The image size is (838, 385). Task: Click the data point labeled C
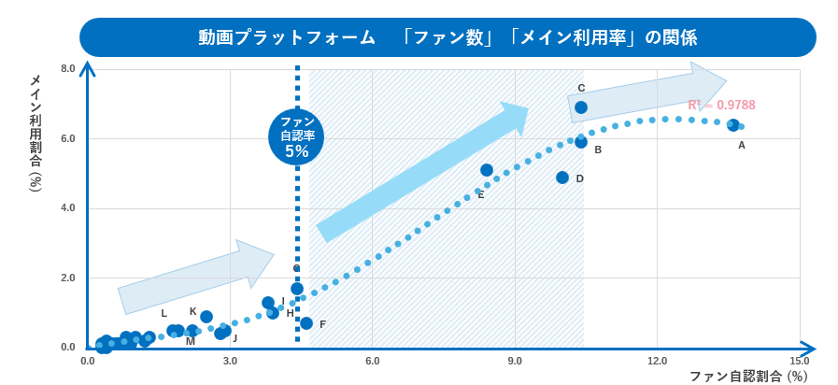click(x=581, y=107)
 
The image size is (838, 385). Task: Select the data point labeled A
click(x=733, y=125)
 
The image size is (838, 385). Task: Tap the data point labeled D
click(x=562, y=178)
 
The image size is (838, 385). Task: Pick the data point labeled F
click(x=306, y=323)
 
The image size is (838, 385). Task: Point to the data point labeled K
click(x=206, y=317)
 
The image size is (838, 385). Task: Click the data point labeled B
click(x=581, y=142)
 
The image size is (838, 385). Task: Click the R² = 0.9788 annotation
click(x=721, y=106)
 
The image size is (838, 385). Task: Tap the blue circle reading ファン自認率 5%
click(x=296, y=136)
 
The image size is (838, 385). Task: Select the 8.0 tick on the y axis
click(x=67, y=68)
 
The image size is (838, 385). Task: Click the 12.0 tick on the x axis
click(x=657, y=362)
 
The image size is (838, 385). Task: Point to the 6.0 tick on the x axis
click(x=372, y=362)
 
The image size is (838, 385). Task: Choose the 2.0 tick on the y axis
click(x=67, y=278)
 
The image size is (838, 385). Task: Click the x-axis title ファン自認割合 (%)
click(x=748, y=377)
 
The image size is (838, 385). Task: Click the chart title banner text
click(x=447, y=37)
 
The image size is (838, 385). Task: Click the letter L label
click(x=163, y=314)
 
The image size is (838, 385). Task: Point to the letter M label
click(x=191, y=342)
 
